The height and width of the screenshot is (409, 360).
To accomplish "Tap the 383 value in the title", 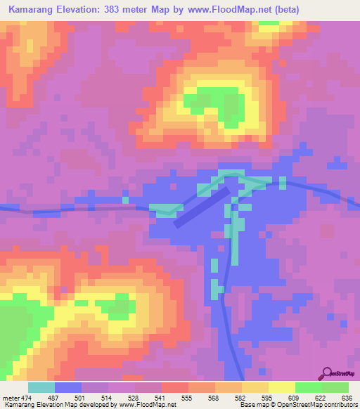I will (119, 10).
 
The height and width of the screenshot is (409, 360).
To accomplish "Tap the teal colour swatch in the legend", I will (41, 387).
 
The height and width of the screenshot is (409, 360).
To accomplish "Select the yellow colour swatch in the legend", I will (281, 387).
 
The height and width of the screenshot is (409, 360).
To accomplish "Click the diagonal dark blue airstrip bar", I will (202, 206).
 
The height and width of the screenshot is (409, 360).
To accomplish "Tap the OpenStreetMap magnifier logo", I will (327, 373).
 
